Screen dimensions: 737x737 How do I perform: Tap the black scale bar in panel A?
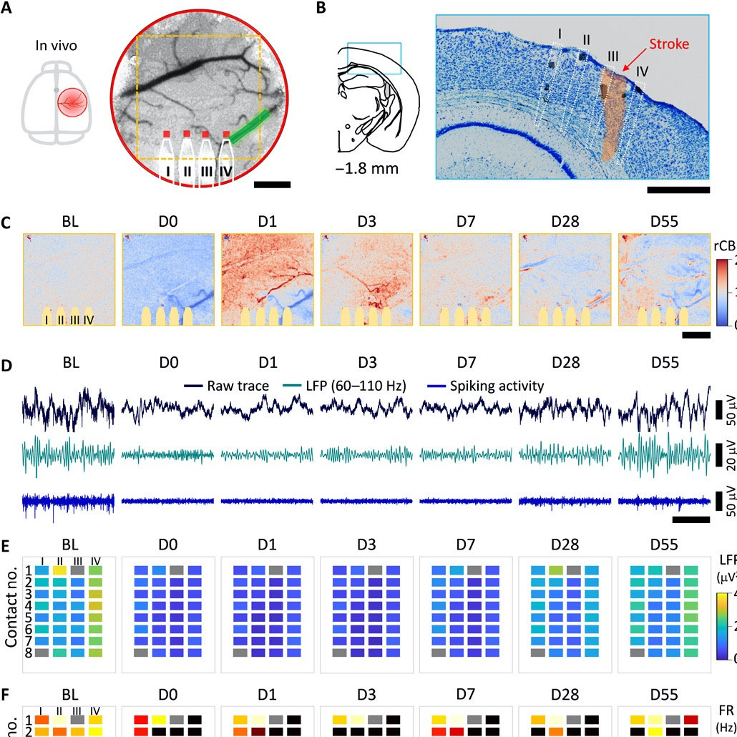(272, 185)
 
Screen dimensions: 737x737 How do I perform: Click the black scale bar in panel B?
(678, 190)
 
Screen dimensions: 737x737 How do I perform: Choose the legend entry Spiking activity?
(497, 386)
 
